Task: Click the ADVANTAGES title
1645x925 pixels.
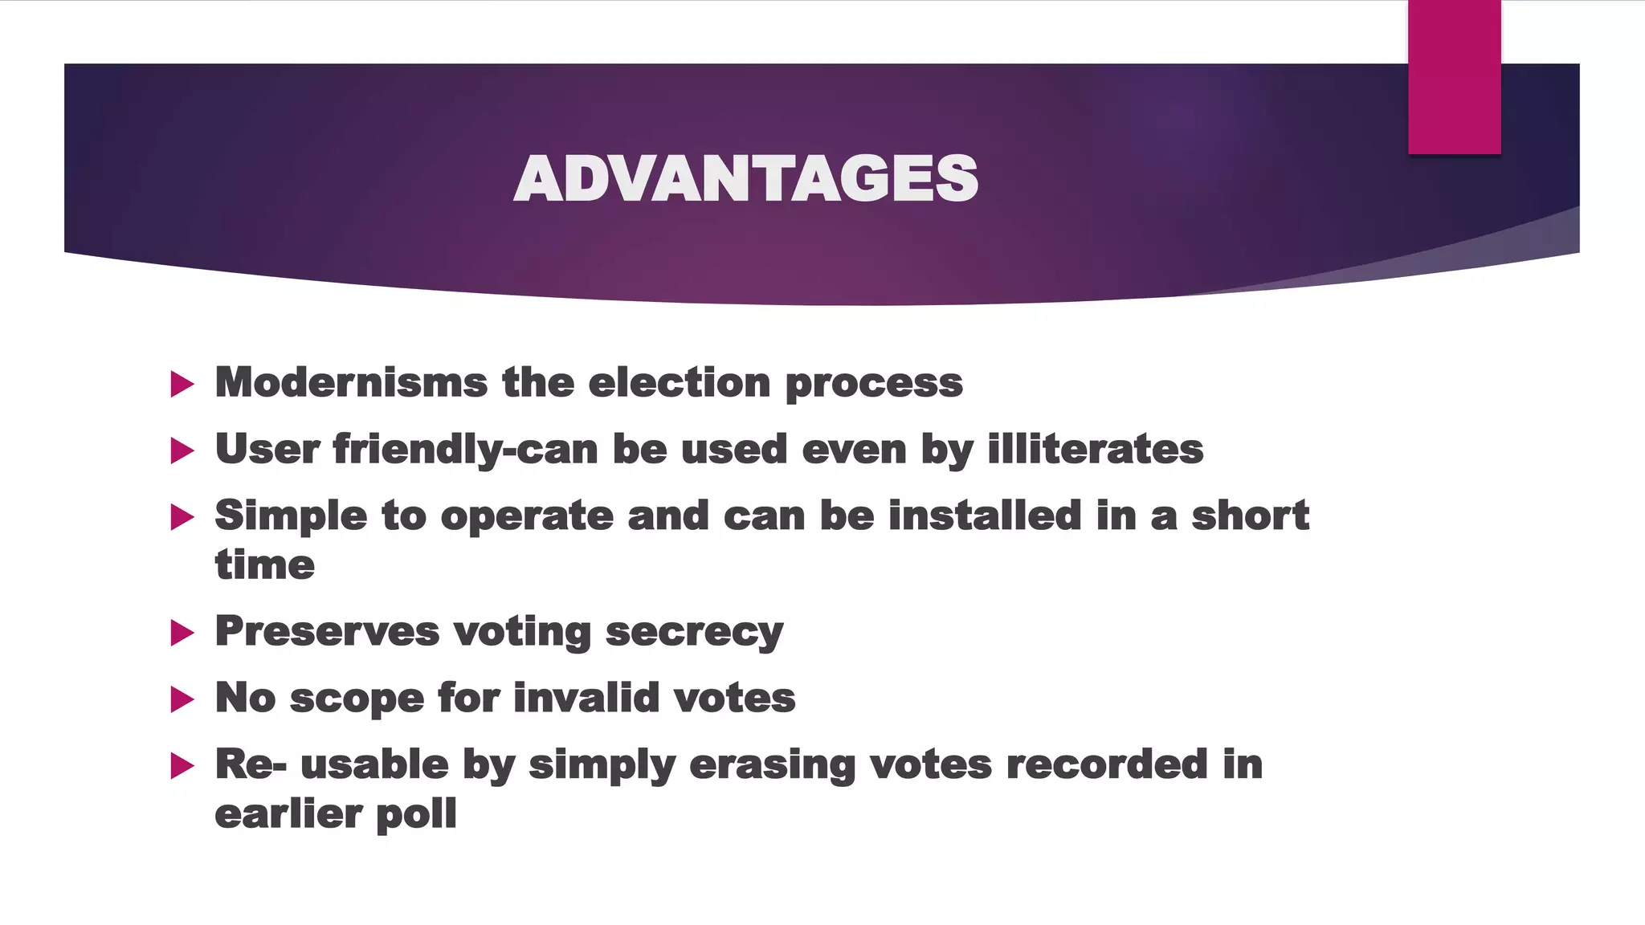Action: pyautogui.click(x=745, y=178)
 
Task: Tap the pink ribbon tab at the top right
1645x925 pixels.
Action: pyautogui.click(x=1454, y=77)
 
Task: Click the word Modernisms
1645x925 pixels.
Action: pyautogui.click(x=351, y=382)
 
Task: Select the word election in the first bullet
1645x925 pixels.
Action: pyautogui.click(x=680, y=382)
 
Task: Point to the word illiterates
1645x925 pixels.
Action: pyautogui.click(x=1095, y=449)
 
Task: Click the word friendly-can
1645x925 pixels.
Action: pyautogui.click(x=465, y=450)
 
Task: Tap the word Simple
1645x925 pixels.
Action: pyautogui.click(x=291, y=516)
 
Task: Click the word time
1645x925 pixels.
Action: pyautogui.click(x=264, y=565)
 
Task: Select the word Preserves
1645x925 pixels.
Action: pyautogui.click(x=327, y=632)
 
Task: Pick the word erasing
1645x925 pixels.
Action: pyautogui.click(x=772, y=765)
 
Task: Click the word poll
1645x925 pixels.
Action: pyautogui.click(x=416, y=815)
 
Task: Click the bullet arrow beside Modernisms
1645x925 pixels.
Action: pyautogui.click(x=182, y=385)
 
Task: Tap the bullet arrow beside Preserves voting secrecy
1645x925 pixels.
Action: pyautogui.click(x=182, y=634)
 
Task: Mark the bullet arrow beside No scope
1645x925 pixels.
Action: pyautogui.click(x=182, y=700)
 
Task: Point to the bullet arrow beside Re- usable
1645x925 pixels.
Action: pyautogui.click(x=182, y=766)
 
